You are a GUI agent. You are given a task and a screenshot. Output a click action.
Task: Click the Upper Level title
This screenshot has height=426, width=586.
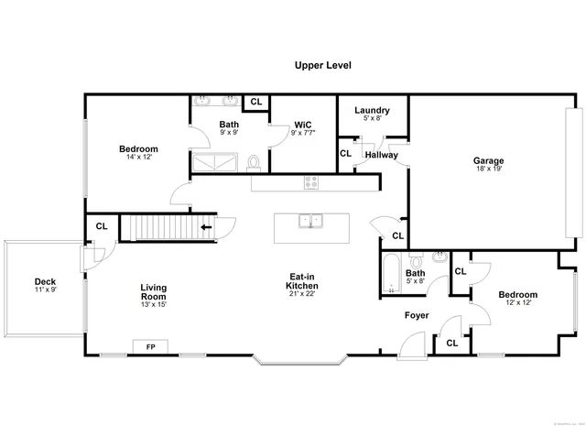322,65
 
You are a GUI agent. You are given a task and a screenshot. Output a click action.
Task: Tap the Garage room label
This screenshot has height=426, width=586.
489,161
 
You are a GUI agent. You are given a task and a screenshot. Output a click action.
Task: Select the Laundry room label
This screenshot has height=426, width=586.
371,110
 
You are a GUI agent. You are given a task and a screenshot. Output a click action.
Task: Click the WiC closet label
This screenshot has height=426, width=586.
303,125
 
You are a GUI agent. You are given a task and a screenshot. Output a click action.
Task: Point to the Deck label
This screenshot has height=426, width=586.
46,281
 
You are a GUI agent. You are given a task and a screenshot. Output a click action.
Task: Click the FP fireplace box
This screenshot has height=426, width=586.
149,346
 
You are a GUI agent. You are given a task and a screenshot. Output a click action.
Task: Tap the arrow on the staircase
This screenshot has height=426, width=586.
207,226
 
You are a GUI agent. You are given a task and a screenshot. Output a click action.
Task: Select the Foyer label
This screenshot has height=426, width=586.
418,315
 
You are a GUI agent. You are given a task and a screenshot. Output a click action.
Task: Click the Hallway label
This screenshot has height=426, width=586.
382,155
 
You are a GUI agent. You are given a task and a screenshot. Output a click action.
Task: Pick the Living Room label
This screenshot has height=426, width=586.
153,292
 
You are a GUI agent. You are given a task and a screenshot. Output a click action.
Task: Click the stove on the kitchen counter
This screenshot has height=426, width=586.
311,181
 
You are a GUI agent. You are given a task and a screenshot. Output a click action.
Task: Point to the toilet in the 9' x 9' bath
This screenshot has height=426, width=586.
255,162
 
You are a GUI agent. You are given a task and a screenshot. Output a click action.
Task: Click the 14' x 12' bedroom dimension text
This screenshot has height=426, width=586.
138,157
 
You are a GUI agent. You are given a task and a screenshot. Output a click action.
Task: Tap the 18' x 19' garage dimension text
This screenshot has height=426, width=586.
489,169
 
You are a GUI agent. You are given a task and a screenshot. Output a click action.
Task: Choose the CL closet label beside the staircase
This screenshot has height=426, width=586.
102,225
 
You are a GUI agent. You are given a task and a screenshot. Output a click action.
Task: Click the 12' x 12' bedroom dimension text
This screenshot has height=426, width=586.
517,302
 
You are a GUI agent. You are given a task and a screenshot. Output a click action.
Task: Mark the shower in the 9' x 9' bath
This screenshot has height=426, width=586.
217,162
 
